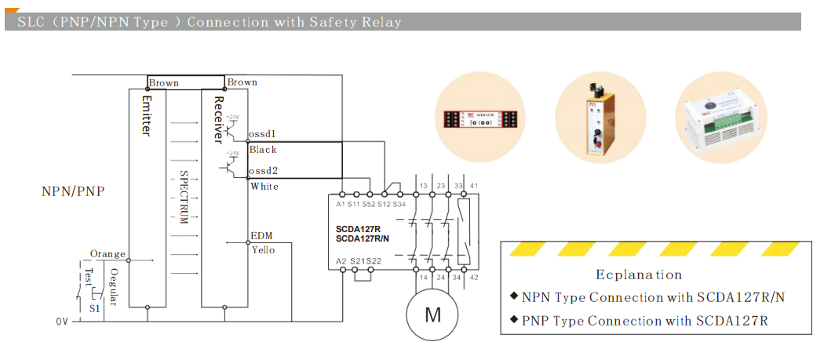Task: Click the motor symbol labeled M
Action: (x=432, y=315)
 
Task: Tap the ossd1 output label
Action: (x=262, y=133)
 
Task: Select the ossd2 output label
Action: (x=262, y=170)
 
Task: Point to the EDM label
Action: (x=261, y=235)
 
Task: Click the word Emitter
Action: (x=145, y=116)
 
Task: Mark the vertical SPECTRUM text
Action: (x=184, y=197)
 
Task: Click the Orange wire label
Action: (x=108, y=253)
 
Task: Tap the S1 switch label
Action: (x=94, y=309)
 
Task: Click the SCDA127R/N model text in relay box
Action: (x=362, y=238)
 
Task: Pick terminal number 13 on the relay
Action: (x=424, y=185)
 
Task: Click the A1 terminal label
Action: (x=341, y=204)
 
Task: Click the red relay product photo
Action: (x=480, y=118)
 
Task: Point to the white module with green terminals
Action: (x=719, y=118)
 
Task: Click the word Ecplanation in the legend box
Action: (x=639, y=275)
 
